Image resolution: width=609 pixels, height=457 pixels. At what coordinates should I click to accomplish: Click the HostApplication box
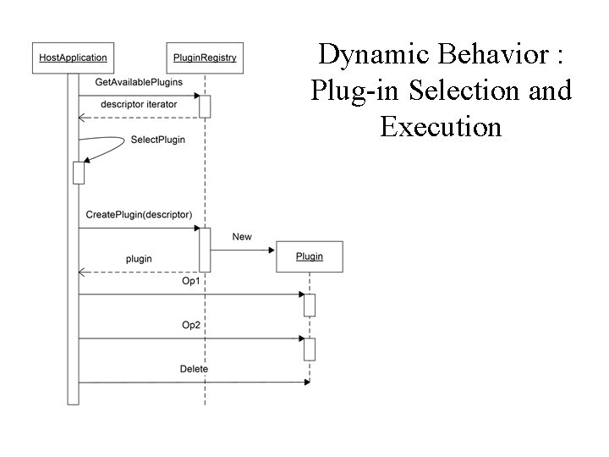73,58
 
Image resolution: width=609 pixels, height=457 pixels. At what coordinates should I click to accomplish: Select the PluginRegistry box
205,58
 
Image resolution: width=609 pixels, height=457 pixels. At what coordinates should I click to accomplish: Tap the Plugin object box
310,256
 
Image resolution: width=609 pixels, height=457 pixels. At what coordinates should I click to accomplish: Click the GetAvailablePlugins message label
139,82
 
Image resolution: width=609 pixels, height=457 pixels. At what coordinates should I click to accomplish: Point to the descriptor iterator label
139,104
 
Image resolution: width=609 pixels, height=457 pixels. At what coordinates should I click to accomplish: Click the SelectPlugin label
158,139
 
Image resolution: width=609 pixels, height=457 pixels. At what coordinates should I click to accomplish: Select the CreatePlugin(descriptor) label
139,215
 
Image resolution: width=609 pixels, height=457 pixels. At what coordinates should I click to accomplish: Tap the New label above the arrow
242,236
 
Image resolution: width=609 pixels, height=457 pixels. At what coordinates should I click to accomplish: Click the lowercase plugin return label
139,258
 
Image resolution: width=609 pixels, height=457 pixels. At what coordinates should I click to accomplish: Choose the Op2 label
192,325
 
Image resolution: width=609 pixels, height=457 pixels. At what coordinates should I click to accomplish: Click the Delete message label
194,369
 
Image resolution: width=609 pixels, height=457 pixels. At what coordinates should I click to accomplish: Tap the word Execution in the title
441,127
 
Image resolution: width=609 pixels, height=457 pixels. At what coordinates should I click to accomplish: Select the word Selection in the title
442,90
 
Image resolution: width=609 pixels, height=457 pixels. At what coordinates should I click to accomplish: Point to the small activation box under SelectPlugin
79,172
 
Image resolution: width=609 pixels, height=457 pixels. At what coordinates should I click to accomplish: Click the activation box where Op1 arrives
310,305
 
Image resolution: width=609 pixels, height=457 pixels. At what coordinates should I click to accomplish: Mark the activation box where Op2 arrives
310,349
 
